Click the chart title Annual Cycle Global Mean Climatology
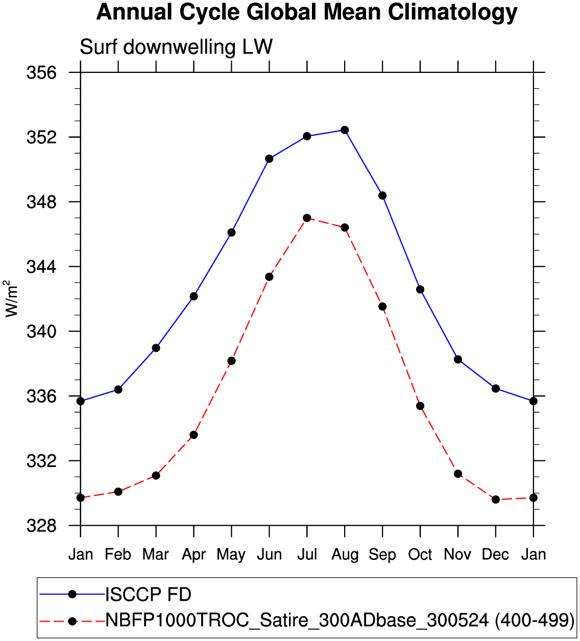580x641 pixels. click(x=306, y=12)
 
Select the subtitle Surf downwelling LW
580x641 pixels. click(x=176, y=47)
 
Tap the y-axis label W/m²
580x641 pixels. click(x=12, y=298)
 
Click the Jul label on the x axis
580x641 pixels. click(x=307, y=554)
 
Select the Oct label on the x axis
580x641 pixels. click(x=420, y=554)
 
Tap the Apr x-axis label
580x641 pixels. click(x=194, y=554)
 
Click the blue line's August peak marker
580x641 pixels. click(x=345, y=130)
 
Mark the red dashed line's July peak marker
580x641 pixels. click(x=307, y=218)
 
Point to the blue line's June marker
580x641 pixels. click(x=269, y=159)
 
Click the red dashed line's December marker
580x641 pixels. click(x=496, y=499)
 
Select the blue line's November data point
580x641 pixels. click(x=458, y=360)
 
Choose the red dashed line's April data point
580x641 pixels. click(x=194, y=434)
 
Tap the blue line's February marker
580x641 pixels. click(x=118, y=389)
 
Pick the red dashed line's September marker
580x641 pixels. click(x=382, y=306)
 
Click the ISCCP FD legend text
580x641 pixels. click(x=148, y=594)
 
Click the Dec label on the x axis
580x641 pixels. click(x=495, y=554)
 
